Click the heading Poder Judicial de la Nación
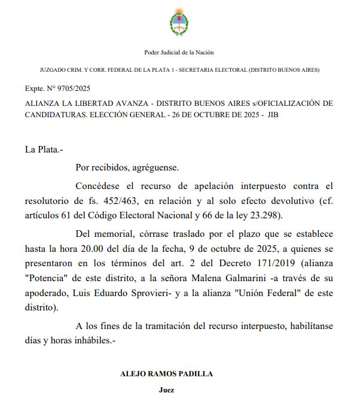179,53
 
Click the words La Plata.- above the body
44,149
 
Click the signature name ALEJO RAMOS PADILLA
167,374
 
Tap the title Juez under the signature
167,389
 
